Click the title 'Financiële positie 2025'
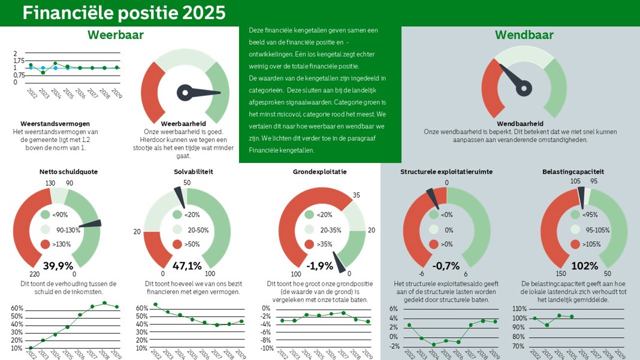click(x=125, y=13)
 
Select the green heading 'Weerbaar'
click(x=116, y=35)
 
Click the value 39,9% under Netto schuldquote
click(x=58, y=265)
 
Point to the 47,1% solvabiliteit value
click(x=187, y=265)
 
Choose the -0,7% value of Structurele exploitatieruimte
click(x=446, y=265)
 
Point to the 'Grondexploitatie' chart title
click(x=319, y=172)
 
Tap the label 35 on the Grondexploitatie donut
click(x=356, y=195)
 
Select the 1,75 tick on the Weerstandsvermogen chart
click(x=19, y=60)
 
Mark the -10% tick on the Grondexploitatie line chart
click(x=267, y=348)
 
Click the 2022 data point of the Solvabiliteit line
click(x=156, y=304)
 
